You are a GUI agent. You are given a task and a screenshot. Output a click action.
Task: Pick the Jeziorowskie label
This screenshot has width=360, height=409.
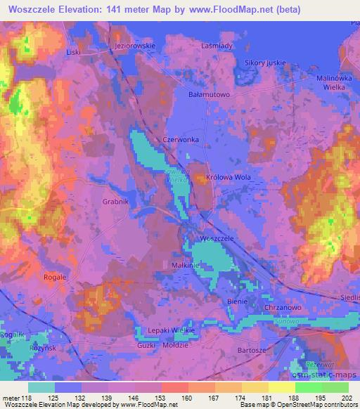click(x=134, y=46)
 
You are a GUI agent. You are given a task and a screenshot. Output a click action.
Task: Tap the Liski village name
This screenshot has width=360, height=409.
click(x=74, y=52)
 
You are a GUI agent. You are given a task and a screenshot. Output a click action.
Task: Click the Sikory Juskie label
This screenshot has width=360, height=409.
click(x=265, y=63)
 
